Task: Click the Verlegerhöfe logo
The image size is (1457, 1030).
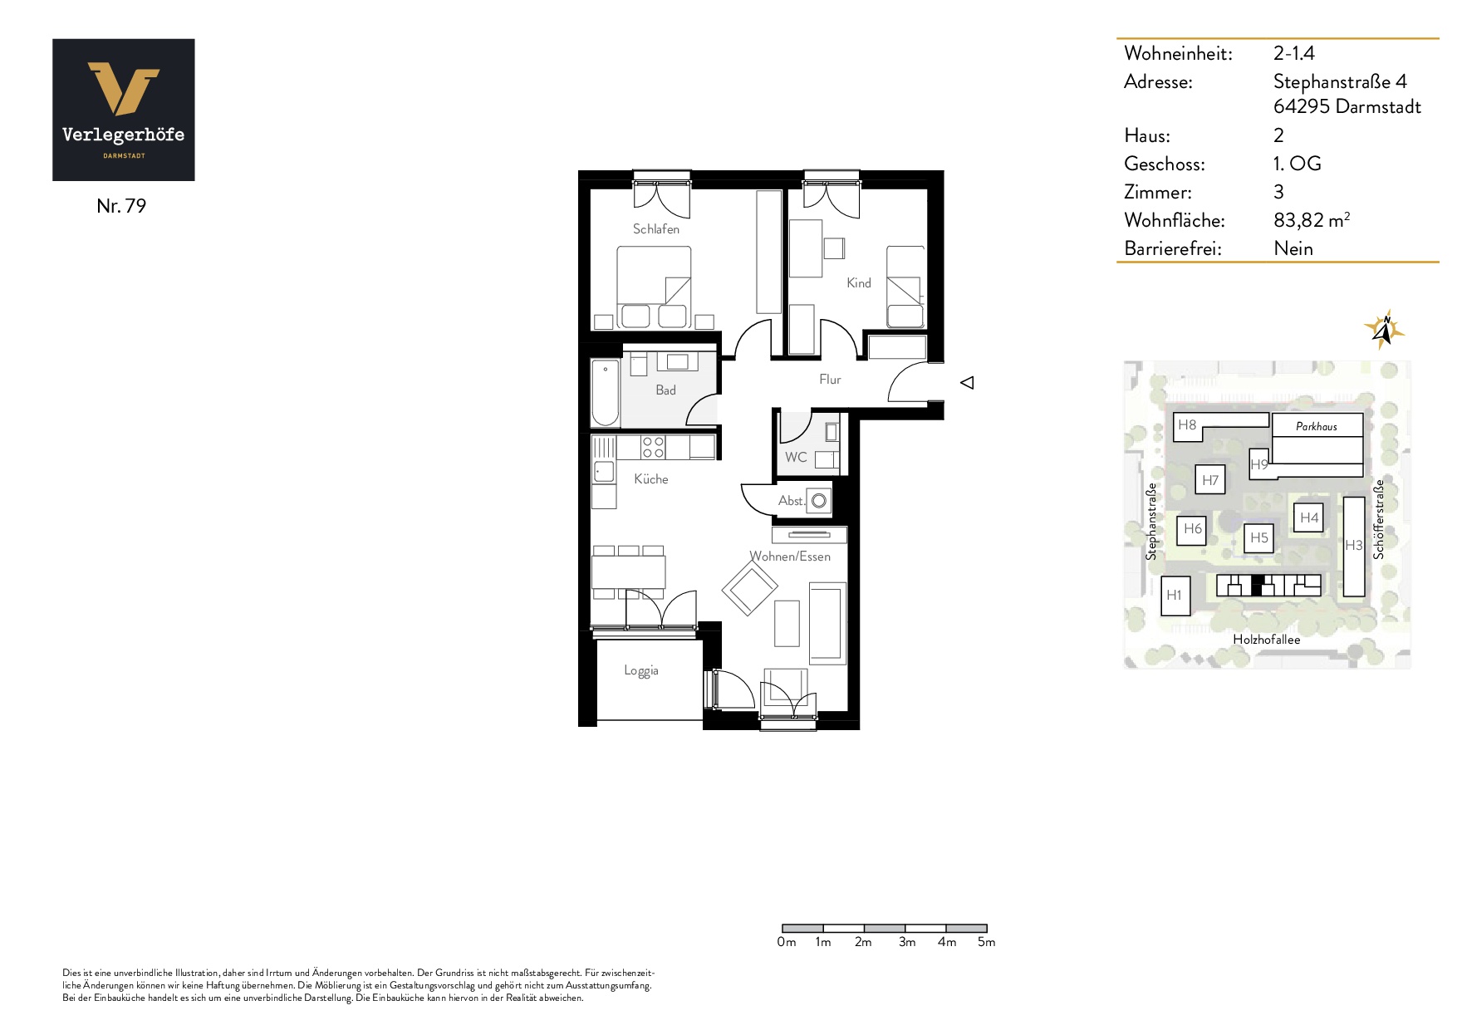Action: click(124, 110)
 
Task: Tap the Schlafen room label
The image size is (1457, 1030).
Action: click(656, 229)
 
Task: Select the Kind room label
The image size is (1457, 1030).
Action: click(859, 283)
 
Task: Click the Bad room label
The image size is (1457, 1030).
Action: click(665, 390)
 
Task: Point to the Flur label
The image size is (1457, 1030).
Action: click(830, 380)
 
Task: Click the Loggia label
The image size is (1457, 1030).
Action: click(641, 671)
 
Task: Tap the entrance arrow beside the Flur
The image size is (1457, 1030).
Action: click(967, 383)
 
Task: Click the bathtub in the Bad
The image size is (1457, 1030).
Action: click(605, 391)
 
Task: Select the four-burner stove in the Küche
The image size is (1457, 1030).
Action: click(653, 448)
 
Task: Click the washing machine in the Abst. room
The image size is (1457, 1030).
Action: click(820, 501)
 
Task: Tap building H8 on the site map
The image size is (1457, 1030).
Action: click(1187, 425)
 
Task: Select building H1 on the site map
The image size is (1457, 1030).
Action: click(1175, 596)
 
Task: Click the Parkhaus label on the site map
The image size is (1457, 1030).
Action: click(1317, 427)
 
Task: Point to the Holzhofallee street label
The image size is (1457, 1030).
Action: click(1267, 640)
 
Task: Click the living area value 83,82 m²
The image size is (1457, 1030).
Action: click(1312, 220)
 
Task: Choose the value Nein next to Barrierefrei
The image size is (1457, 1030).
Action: click(1293, 248)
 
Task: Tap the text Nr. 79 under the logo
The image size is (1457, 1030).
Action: click(121, 206)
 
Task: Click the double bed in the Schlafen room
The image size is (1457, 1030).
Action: click(654, 287)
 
